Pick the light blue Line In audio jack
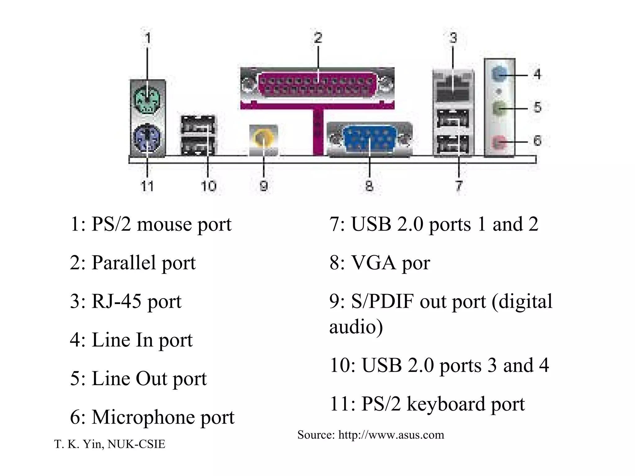point(499,75)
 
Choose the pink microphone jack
point(499,142)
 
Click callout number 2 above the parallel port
point(318,38)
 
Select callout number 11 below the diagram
point(147,186)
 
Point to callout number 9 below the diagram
point(263,186)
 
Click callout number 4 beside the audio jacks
point(537,74)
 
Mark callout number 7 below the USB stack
point(459,186)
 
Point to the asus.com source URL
point(391,435)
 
